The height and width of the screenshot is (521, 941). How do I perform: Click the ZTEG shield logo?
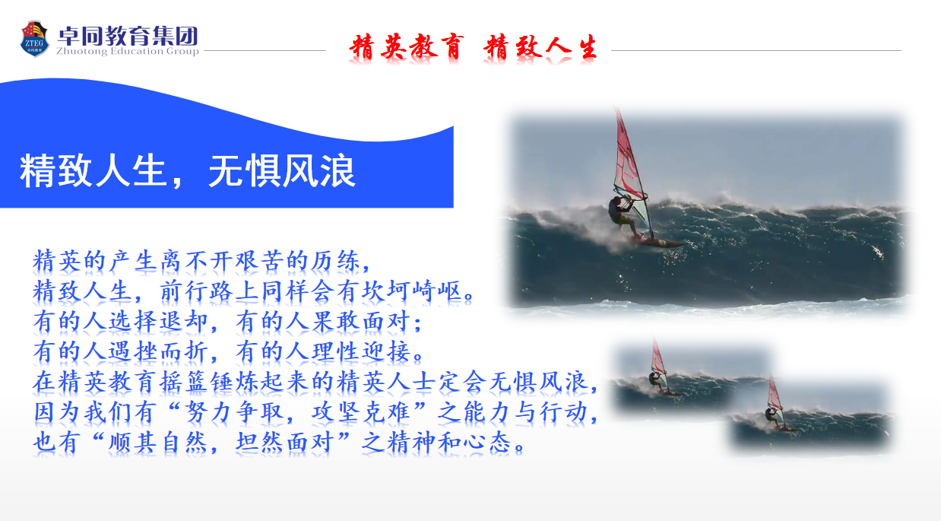34,39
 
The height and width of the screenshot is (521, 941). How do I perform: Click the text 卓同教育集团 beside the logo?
128,36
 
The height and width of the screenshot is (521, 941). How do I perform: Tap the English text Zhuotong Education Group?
128,51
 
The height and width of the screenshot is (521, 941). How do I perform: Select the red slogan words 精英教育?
406,46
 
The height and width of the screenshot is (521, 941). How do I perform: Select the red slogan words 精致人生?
540,46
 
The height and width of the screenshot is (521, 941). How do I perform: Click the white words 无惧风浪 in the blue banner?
282,170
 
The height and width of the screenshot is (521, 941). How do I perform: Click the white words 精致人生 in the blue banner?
93,170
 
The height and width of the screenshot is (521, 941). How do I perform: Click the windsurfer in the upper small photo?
655,380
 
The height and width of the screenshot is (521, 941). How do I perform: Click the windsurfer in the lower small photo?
772,416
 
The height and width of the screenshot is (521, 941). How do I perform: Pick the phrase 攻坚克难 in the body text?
361,412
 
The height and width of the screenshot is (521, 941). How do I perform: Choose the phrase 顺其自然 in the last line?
158,443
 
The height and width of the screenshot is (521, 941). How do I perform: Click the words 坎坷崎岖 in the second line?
412,291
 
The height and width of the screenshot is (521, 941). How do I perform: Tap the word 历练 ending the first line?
335,261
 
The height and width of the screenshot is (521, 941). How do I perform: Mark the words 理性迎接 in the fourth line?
361,351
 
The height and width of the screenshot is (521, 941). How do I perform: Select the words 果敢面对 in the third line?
361,321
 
